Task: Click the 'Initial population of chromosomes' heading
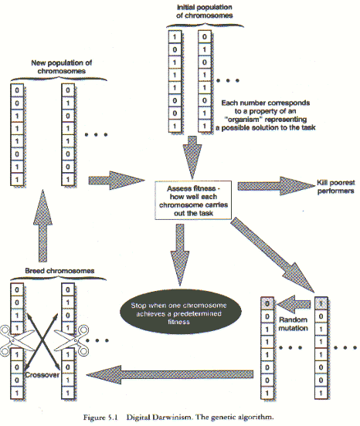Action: (205, 11)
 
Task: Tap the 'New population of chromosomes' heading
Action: (62, 67)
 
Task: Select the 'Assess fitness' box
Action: (193, 200)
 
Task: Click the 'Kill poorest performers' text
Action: (336, 187)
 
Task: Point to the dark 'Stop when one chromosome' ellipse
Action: (180, 313)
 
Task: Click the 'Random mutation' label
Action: (293, 324)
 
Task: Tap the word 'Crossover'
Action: (42, 375)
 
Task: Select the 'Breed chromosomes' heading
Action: (59, 271)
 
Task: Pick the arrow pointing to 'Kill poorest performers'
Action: (276, 186)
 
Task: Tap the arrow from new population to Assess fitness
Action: (117, 181)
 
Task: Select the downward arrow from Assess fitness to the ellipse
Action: (180, 255)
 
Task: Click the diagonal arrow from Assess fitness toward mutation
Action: (273, 255)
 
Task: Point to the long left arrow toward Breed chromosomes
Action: (170, 374)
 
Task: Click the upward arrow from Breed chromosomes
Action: (42, 226)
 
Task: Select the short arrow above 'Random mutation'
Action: (294, 304)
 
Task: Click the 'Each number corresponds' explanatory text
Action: (266, 115)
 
